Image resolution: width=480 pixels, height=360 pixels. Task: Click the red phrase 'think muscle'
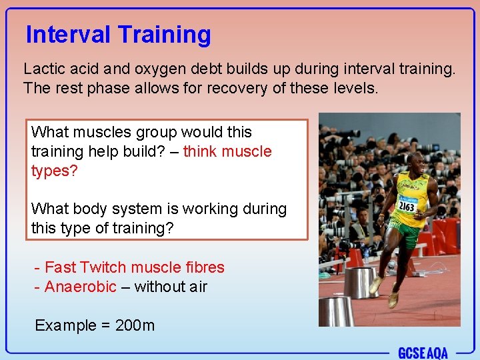point(227,151)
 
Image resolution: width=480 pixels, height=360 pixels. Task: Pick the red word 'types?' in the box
point(55,171)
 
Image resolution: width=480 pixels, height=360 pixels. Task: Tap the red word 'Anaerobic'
point(80,287)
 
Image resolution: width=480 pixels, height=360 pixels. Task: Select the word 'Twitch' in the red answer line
point(103,267)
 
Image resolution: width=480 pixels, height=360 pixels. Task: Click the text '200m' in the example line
point(135,325)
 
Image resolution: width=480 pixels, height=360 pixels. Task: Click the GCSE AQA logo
point(423,352)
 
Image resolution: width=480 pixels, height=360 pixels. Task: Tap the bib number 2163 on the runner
point(405,205)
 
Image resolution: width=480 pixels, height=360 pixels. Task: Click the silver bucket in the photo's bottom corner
point(335,310)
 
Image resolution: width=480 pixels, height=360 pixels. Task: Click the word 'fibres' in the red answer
point(204,267)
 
